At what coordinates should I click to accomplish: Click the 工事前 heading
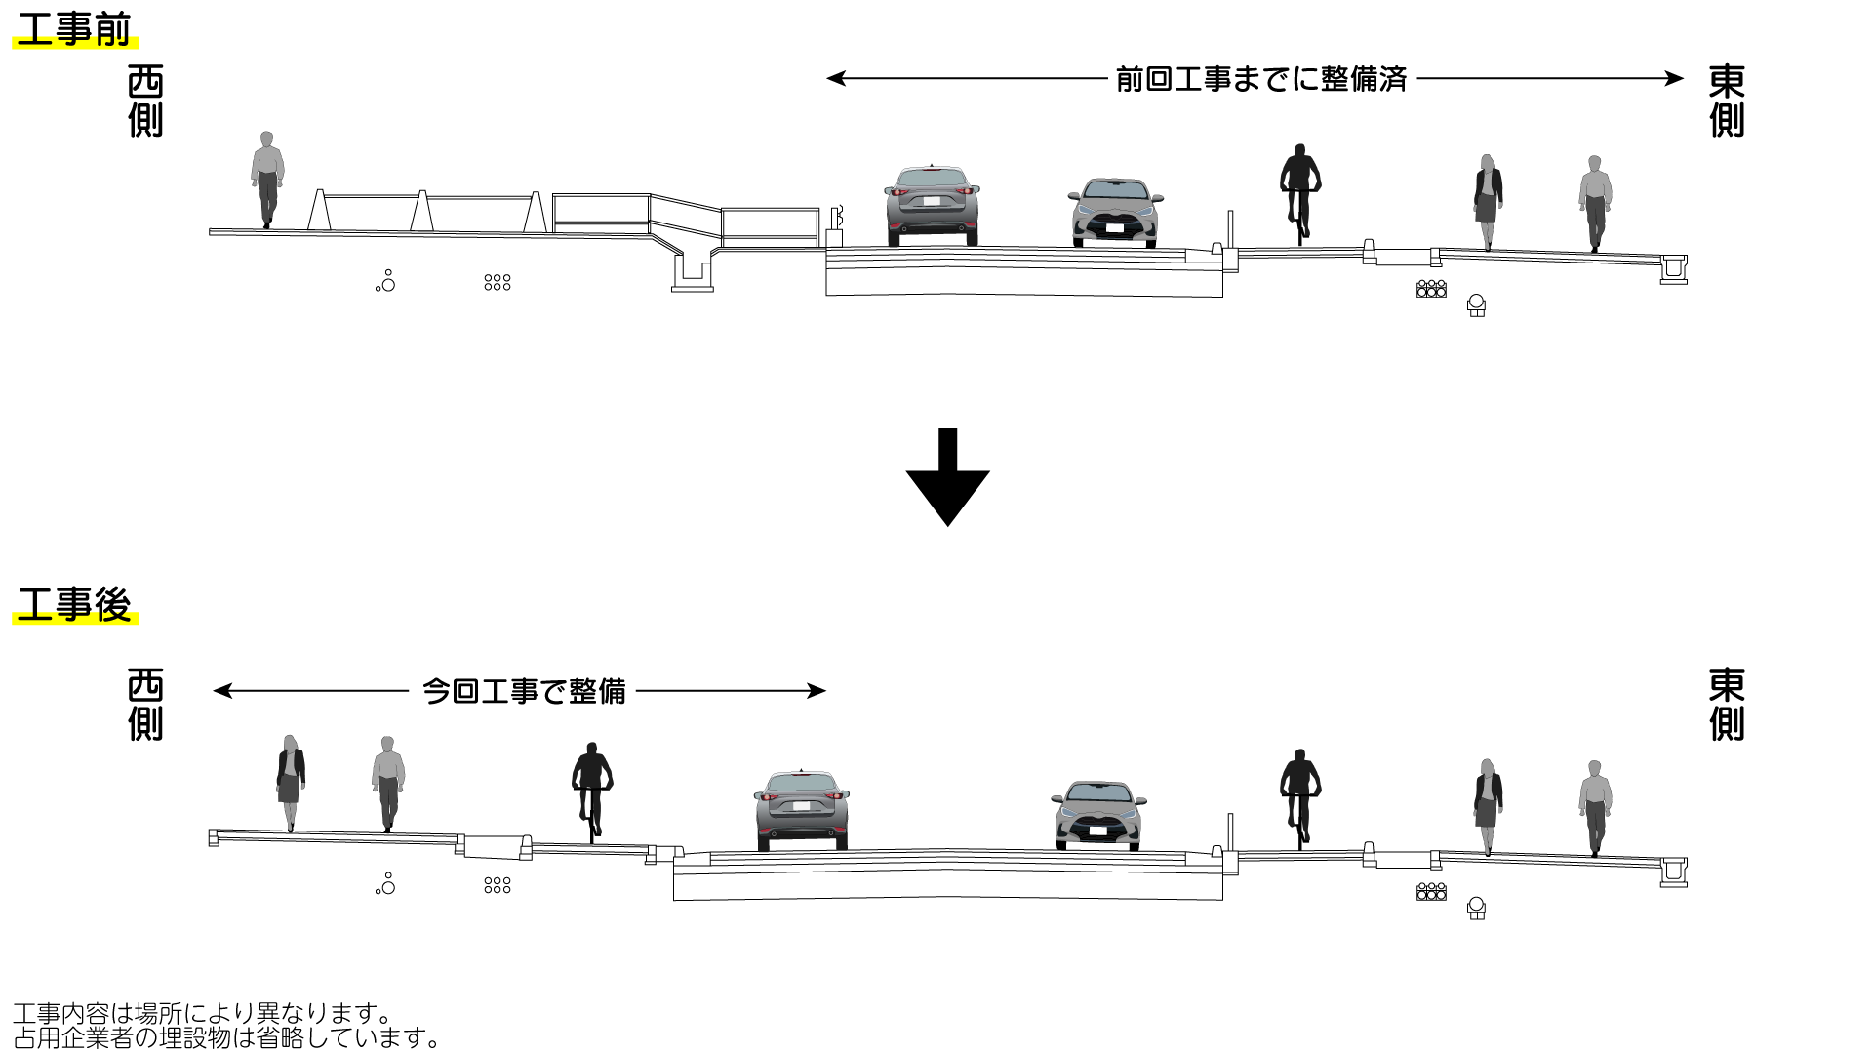point(73,30)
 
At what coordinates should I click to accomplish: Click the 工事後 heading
point(73,605)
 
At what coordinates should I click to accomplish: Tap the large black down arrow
point(947,478)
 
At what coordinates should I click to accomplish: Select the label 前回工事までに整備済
point(1260,79)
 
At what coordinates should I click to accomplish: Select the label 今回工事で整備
point(523,691)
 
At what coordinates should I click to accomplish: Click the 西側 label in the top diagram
point(145,101)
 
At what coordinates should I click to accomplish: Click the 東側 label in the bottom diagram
point(1726,705)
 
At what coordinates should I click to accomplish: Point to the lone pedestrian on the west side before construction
point(266,180)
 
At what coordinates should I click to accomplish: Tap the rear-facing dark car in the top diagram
point(932,206)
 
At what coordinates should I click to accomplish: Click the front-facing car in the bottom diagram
point(1098,815)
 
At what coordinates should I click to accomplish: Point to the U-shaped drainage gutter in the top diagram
point(693,270)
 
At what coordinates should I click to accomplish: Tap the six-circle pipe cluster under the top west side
point(497,282)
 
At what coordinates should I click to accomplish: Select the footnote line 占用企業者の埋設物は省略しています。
point(227,1036)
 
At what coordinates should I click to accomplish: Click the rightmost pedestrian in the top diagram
point(1594,203)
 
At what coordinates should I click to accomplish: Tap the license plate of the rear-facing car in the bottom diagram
point(801,806)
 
